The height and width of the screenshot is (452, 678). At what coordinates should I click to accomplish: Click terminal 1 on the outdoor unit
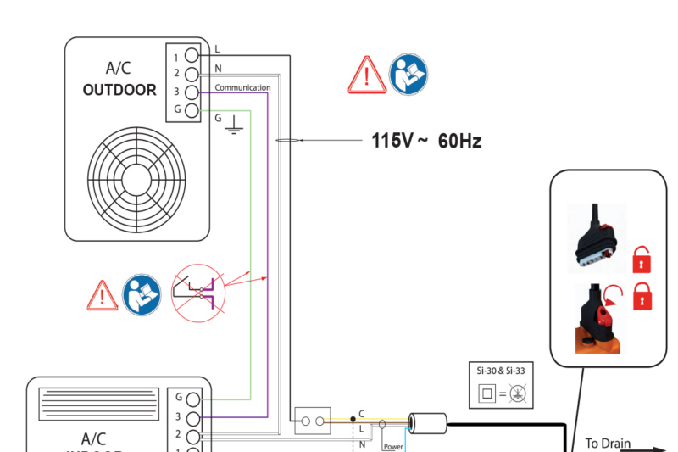click(192, 56)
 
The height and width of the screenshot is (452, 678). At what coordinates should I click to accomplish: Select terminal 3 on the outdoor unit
click(192, 92)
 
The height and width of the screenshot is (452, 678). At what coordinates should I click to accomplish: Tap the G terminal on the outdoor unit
click(192, 110)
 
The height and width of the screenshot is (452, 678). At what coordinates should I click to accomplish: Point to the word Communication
click(242, 87)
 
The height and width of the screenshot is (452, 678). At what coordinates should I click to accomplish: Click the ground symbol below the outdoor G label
click(232, 128)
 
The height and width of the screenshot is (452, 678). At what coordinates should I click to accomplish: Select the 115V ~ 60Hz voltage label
click(426, 141)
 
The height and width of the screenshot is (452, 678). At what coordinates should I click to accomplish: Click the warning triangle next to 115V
click(367, 75)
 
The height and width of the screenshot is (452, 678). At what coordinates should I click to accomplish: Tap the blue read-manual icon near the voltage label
click(408, 75)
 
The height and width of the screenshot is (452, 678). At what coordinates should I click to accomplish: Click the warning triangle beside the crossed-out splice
click(103, 295)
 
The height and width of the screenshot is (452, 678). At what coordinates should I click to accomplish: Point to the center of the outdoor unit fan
click(136, 179)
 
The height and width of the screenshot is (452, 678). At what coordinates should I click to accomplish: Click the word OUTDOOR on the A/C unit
click(119, 90)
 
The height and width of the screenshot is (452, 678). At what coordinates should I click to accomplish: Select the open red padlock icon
click(642, 258)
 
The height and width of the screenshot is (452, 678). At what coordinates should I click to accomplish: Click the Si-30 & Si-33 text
click(501, 371)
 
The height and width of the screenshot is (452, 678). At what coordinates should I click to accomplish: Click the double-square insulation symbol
click(487, 393)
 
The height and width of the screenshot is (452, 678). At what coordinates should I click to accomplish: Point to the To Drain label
click(608, 443)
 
